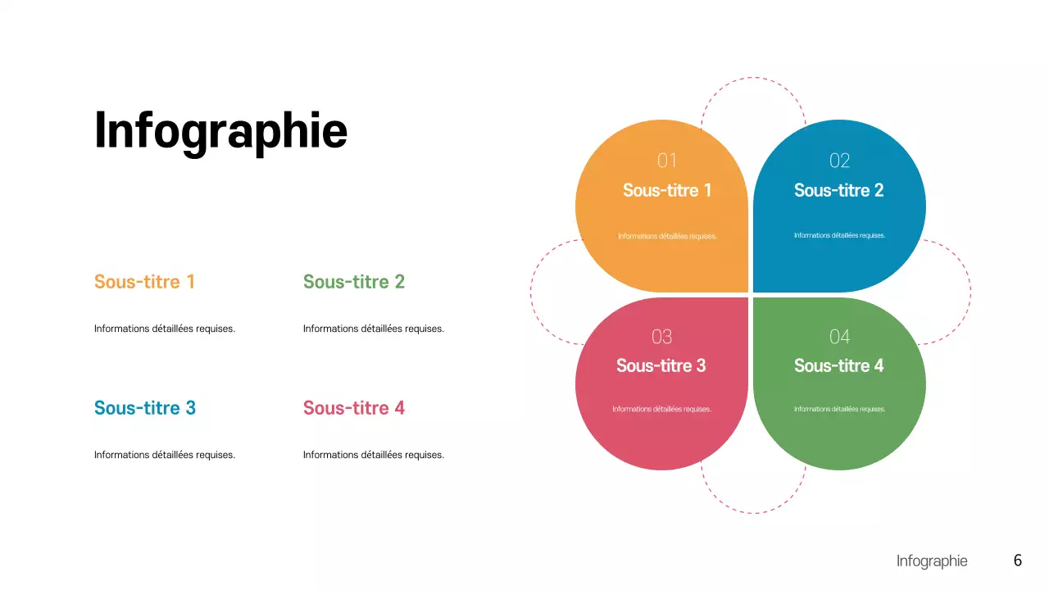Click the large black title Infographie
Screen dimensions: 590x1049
220,130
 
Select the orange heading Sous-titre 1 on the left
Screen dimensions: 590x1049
144,282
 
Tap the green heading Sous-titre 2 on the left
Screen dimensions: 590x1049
354,282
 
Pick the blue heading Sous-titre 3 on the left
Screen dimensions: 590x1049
145,408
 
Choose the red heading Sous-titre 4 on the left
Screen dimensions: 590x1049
354,408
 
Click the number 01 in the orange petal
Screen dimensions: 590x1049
667,161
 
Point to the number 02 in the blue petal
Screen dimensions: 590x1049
839,161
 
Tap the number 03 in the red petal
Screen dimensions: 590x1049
661,337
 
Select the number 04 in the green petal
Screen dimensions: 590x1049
839,337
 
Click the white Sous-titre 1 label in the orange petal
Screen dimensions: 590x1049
667,191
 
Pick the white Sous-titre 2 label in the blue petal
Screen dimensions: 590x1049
839,191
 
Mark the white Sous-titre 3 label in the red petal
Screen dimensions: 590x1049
661,366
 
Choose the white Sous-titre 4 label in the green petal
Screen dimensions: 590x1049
839,366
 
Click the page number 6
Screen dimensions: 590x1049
1018,560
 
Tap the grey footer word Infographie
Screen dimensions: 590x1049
932,561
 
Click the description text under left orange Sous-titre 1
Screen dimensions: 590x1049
165,329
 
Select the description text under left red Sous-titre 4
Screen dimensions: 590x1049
374,455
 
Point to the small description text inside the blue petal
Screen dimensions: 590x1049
839,235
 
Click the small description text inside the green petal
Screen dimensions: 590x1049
839,409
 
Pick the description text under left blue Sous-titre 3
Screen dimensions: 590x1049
165,455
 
